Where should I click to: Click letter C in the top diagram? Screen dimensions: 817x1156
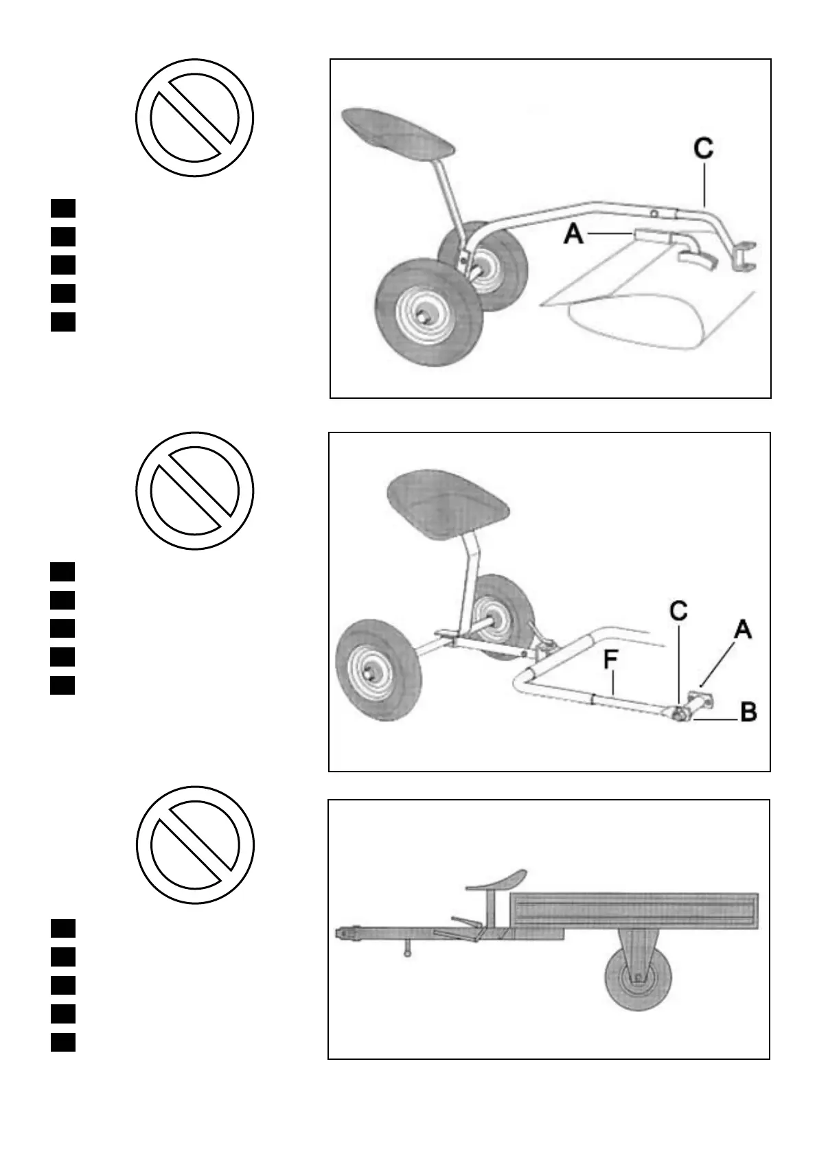click(703, 150)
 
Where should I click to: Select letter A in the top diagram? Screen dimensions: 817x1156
click(574, 235)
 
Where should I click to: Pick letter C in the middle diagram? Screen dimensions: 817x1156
click(678, 612)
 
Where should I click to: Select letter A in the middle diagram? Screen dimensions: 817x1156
click(742, 629)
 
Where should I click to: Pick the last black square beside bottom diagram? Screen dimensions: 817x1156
click(62, 1042)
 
